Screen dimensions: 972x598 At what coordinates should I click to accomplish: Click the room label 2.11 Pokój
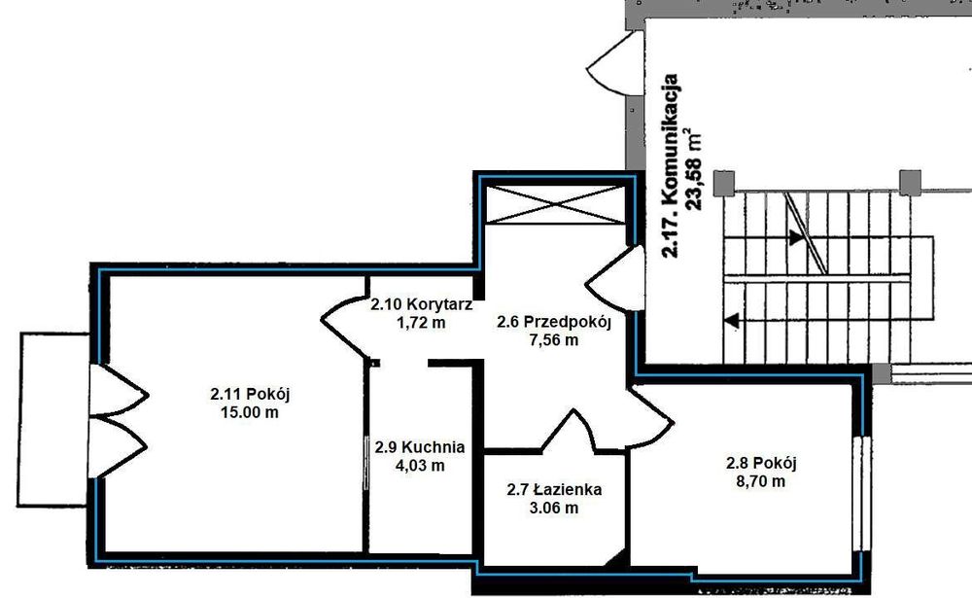coord(250,394)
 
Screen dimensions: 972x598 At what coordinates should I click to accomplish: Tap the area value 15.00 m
coord(249,412)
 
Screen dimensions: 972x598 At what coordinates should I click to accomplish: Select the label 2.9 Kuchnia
coord(420,446)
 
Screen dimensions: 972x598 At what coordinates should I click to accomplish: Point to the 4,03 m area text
coord(420,465)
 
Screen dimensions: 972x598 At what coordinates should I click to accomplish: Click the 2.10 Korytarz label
coord(422,304)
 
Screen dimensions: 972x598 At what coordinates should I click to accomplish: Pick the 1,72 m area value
coord(421,323)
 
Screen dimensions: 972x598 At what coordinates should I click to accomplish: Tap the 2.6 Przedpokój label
coord(554,322)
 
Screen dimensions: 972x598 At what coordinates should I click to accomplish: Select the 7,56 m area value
coord(554,340)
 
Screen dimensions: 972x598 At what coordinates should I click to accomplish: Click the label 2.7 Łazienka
coord(554,489)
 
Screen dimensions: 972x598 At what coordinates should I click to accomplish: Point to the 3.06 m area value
coord(554,508)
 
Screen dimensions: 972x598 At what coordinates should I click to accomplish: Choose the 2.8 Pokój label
coord(761,463)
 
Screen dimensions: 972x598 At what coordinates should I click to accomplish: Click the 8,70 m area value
coord(761,480)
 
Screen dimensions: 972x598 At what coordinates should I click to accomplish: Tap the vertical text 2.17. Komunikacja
coord(670,165)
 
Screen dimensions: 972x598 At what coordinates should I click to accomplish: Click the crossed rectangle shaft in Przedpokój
coord(554,204)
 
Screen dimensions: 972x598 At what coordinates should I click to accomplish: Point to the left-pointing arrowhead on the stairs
coord(732,321)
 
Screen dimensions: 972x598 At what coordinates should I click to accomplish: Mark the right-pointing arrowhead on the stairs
coord(797,237)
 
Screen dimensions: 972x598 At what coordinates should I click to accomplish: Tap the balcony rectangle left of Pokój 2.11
coord(53,419)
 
